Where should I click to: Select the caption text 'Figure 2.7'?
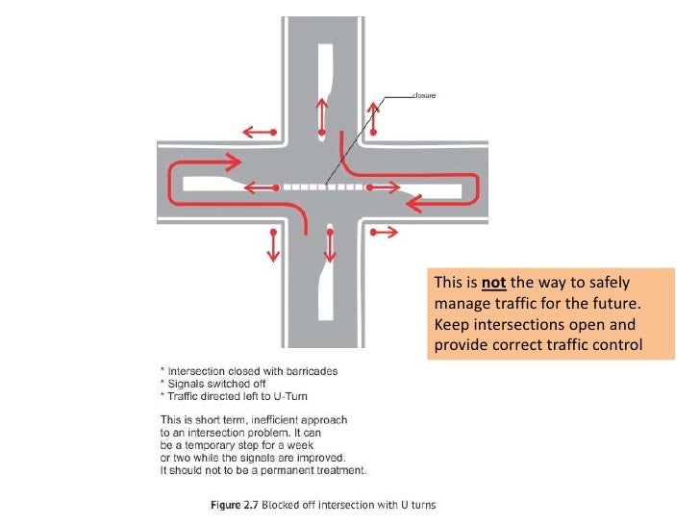click(238, 504)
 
